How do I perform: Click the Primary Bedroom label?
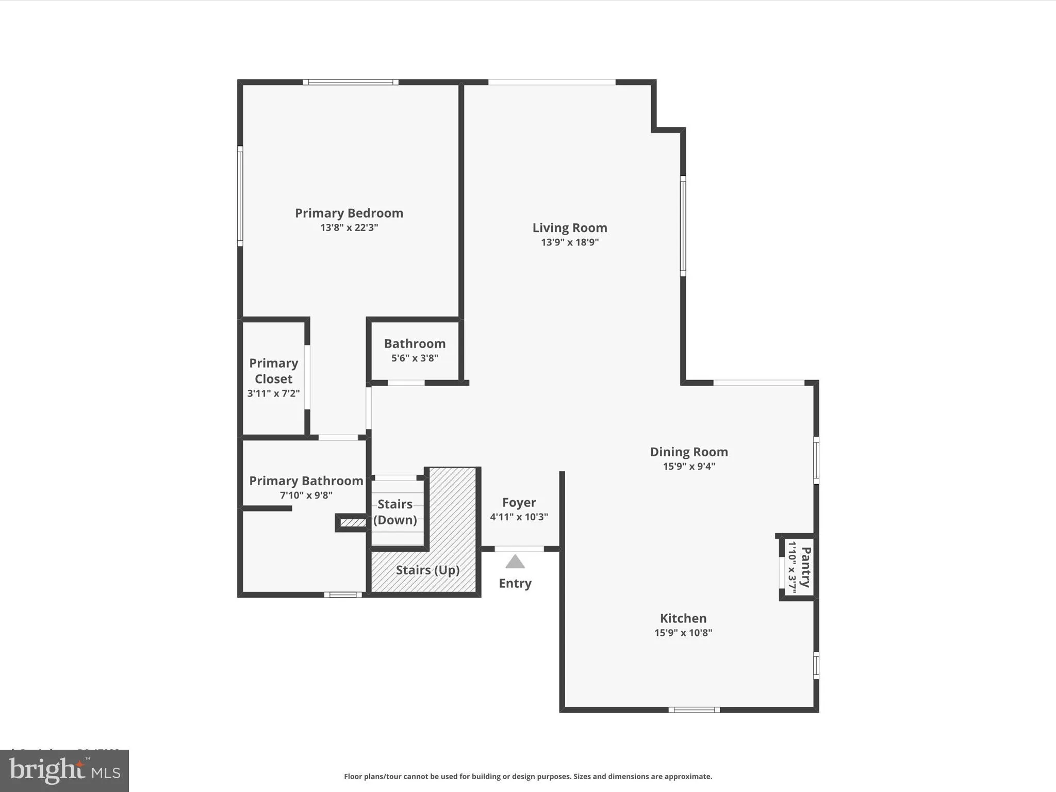(349, 213)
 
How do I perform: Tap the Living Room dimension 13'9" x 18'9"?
(570, 242)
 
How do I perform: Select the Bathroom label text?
(415, 343)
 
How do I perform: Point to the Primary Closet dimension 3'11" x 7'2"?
(273, 393)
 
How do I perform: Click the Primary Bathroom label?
(306, 481)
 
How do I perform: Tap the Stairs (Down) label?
(395, 511)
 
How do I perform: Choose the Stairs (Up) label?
(427, 570)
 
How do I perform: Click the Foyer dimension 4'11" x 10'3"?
(519, 517)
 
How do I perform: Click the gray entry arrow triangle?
(515, 562)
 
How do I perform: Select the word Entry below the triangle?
(515, 583)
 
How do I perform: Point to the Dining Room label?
(689, 452)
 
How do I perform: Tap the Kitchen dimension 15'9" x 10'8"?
(683, 633)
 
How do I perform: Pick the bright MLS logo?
(64, 771)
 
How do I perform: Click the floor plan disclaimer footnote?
(528, 777)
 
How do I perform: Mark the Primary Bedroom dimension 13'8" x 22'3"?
(349, 228)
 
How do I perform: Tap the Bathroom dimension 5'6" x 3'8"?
(415, 358)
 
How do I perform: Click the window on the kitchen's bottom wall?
(694, 710)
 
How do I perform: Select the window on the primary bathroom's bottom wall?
(343, 595)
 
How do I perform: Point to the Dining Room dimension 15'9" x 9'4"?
(689, 466)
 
